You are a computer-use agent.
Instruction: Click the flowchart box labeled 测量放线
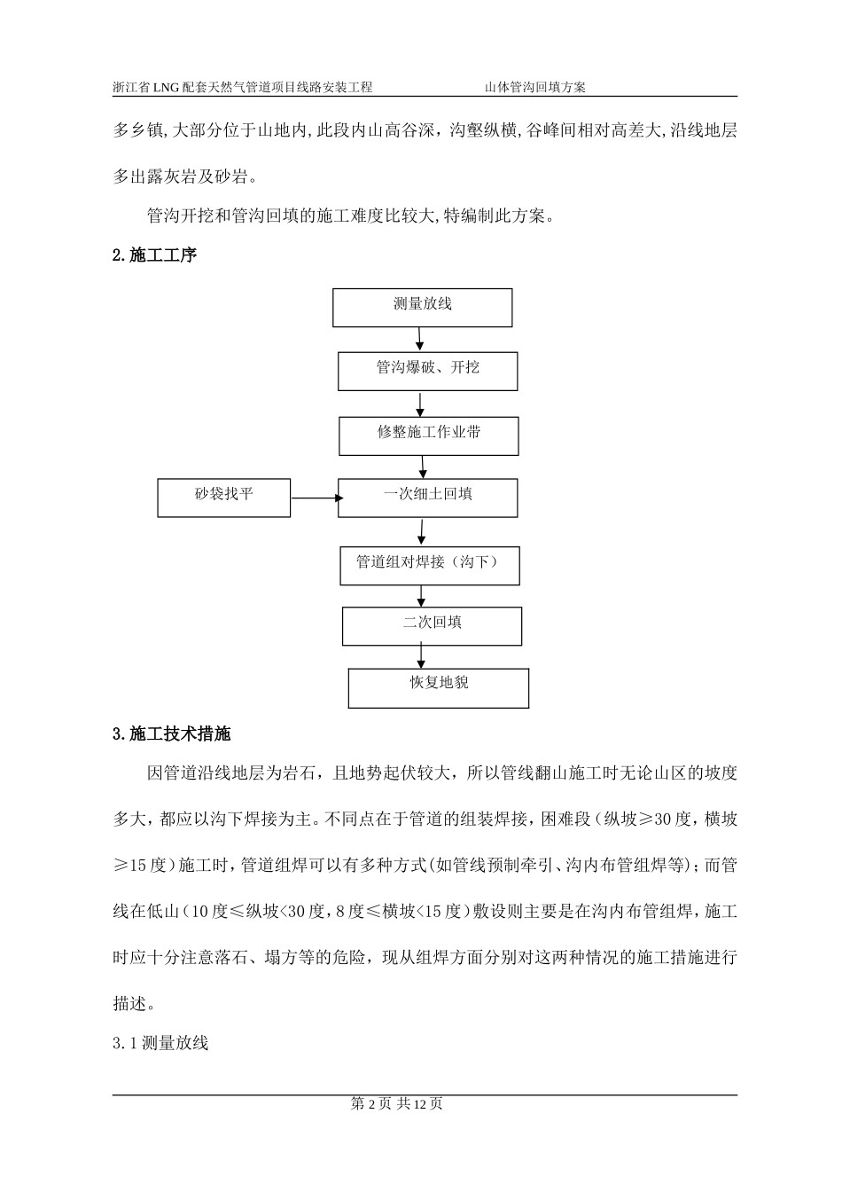coord(423,307)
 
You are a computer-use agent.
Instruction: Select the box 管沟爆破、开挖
coord(427,371)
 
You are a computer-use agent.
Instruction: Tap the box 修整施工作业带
coord(428,436)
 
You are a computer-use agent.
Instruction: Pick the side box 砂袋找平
coord(224,498)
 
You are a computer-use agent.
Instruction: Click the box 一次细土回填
coord(428,498)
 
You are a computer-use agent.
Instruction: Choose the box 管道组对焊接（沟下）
coord(430,565)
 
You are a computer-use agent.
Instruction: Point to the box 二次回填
coord(432,625)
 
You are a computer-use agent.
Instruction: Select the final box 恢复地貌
coord(439,687)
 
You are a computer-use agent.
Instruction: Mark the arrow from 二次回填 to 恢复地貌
coord(422,656)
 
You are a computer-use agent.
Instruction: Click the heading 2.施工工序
coord(154,255)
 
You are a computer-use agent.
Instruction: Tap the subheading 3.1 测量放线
coord(160,1043)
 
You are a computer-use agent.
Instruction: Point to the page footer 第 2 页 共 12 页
coord(397,1103)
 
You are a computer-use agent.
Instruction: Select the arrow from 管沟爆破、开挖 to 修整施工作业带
coord(421,404)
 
